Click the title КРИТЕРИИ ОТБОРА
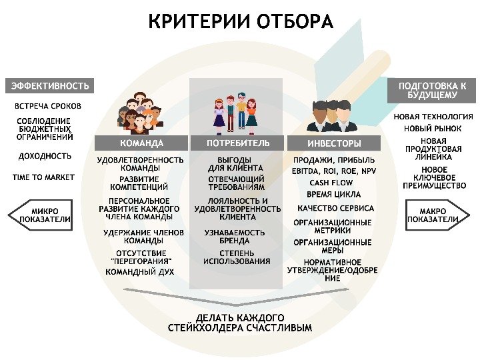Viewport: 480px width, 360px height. coord(240,22)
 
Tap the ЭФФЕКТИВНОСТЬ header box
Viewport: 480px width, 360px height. coord(49,86)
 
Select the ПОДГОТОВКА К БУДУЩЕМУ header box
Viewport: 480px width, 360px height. coord(431,91)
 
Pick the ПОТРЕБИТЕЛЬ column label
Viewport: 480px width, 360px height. coord(238,143)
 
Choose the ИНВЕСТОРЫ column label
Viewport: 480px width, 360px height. coord(334,143)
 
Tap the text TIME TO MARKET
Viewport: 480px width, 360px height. coord(44,177)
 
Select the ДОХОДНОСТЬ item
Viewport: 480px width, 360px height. coord(44,157)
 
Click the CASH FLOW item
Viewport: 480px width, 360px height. coord(331,183)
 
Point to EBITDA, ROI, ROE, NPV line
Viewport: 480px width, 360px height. coord(333,171)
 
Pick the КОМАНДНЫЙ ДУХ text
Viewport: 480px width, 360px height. coord(140,272)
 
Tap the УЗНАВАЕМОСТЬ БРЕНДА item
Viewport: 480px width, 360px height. coord(234,237)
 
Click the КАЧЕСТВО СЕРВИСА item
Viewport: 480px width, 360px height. coord(335,208)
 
